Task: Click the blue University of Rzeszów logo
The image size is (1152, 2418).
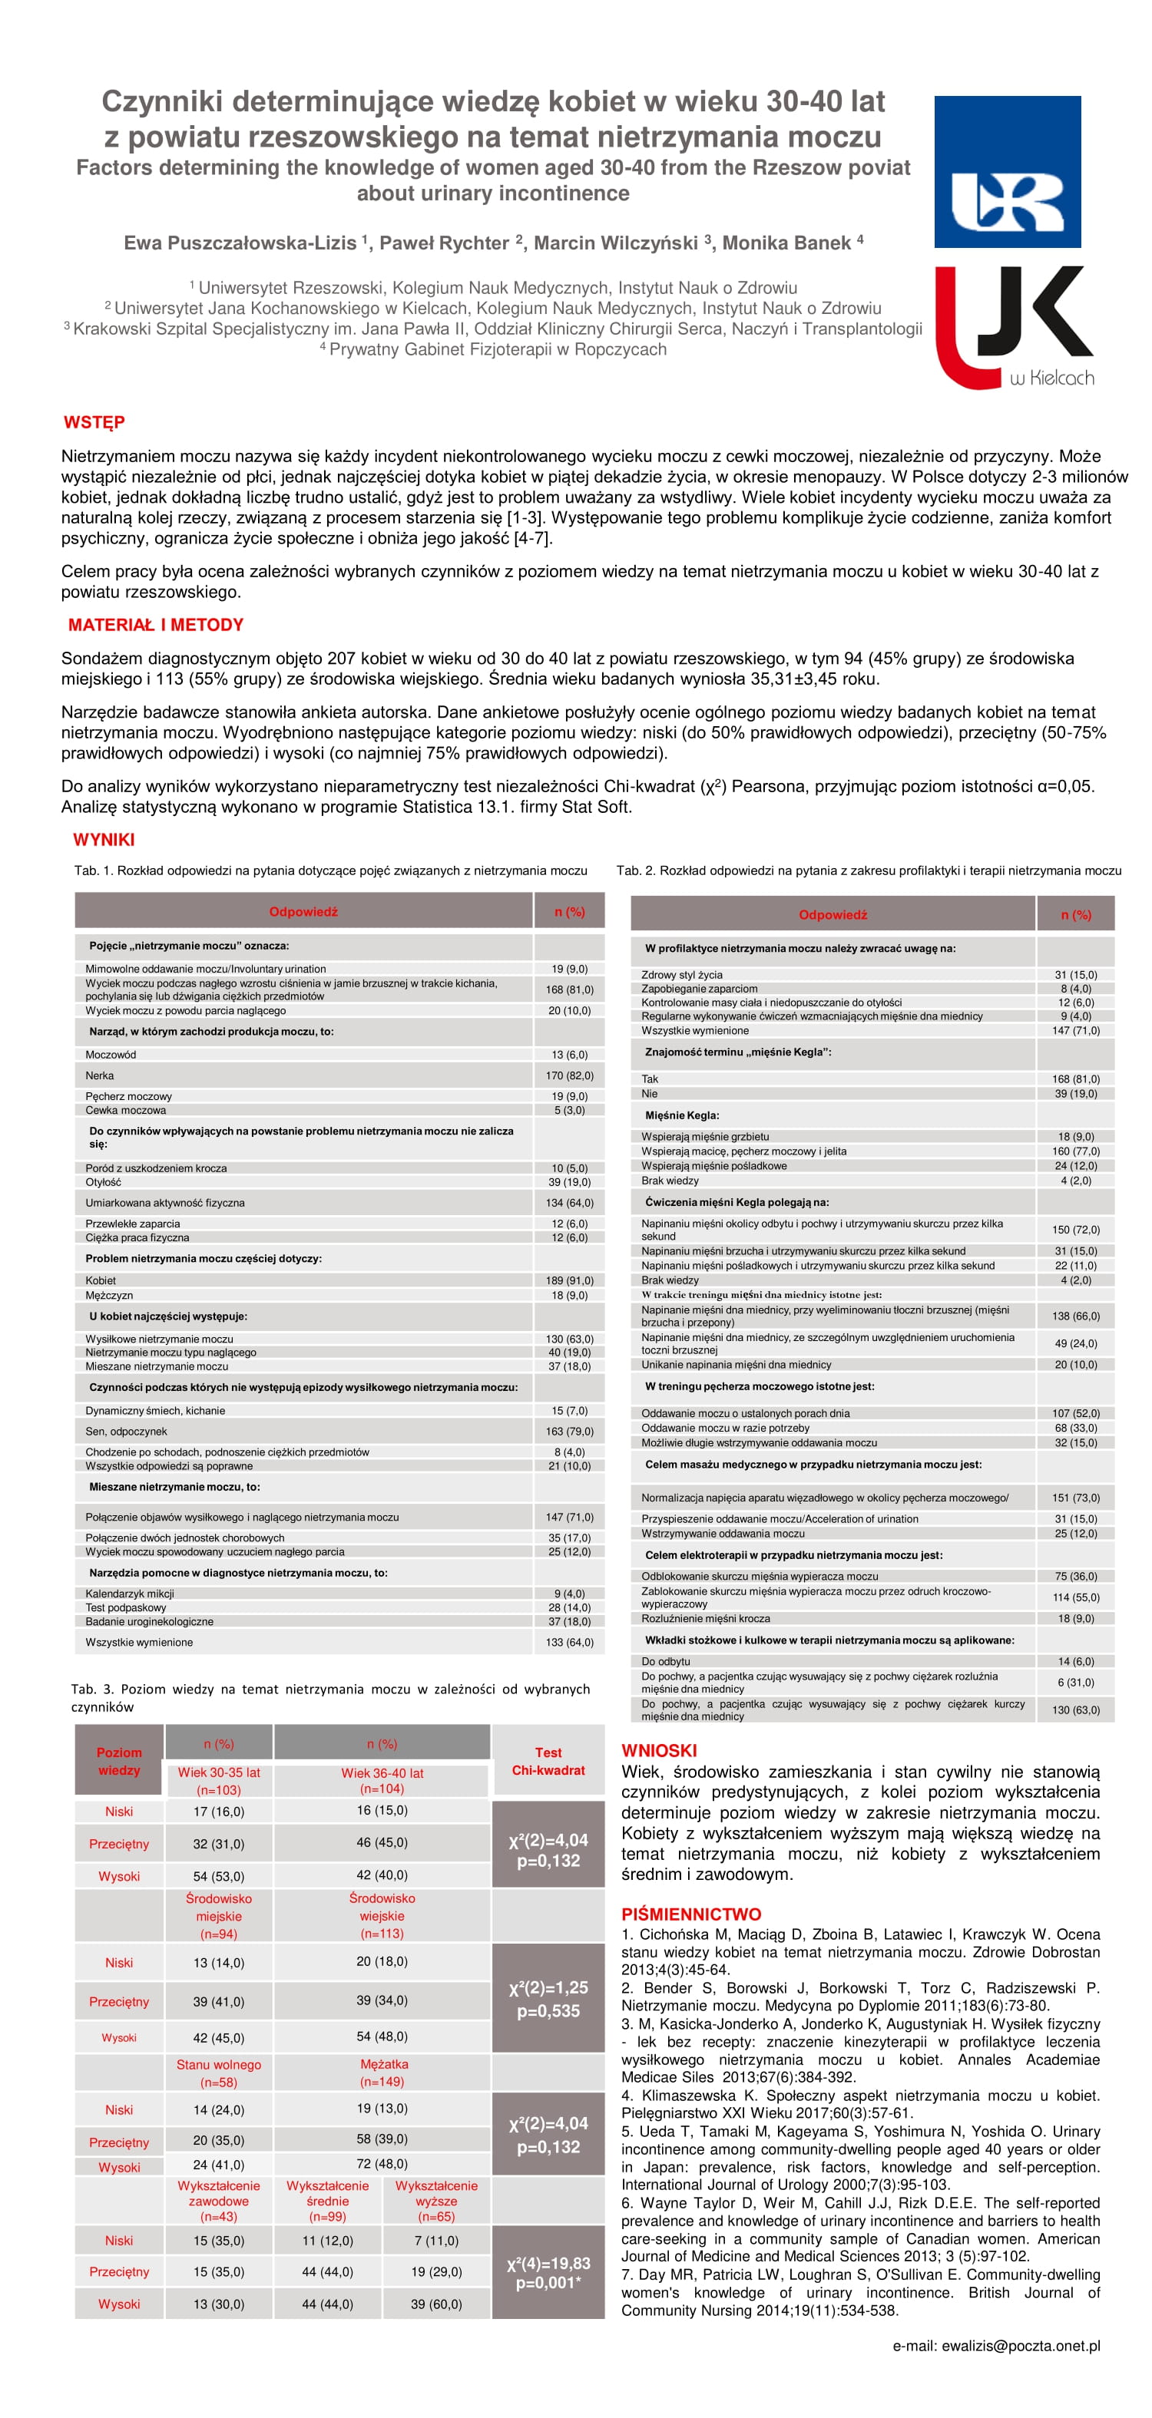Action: point(1007,172)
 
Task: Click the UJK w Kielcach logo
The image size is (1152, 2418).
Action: point(1013,328)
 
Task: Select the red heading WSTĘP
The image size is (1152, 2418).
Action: point(94,422)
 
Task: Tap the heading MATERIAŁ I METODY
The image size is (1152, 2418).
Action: point(156,625)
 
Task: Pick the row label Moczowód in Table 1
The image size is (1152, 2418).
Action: point(111,1054)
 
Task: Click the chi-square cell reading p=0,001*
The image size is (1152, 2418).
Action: point(548,2282)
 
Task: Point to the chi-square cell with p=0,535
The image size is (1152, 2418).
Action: point(548,2010)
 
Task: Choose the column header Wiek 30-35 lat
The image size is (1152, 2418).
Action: point(219,1773)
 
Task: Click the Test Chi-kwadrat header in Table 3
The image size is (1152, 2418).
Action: point(548,1761)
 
